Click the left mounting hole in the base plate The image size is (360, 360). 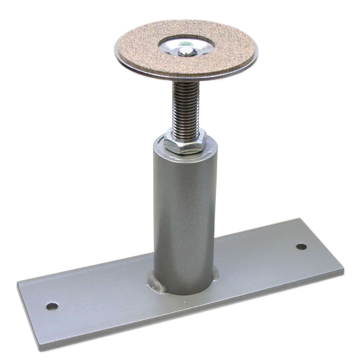[52, 306]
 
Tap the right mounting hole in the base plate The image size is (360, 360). [301, 247]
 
